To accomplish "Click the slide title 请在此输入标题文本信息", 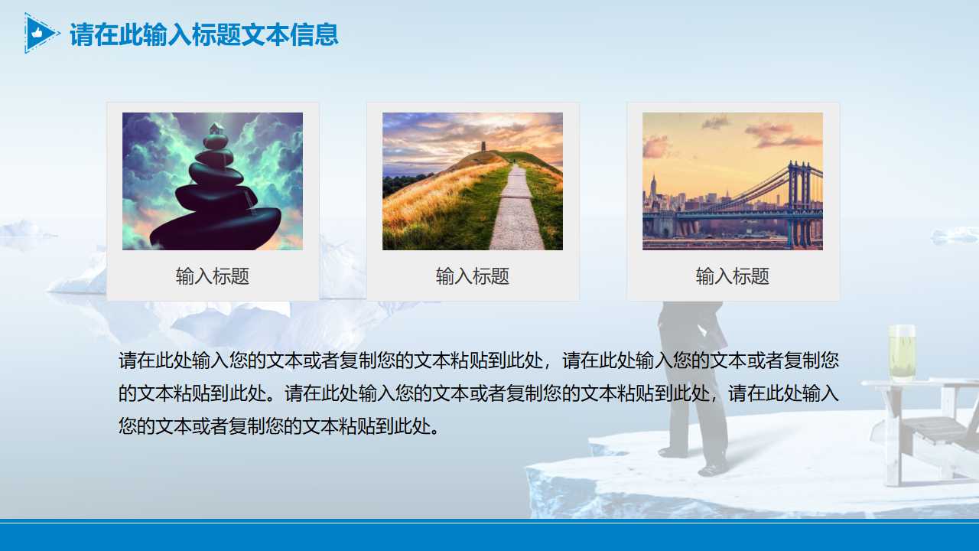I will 203,35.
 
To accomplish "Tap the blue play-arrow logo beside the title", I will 40,34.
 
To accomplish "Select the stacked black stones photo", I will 213,181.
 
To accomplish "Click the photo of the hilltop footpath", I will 473,181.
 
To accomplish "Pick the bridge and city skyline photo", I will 733,181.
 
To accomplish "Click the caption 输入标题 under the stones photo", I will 213,276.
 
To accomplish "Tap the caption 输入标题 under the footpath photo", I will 473,276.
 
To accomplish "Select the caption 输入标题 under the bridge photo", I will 733,276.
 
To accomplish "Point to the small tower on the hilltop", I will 483,146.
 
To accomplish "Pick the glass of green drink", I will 901,353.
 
